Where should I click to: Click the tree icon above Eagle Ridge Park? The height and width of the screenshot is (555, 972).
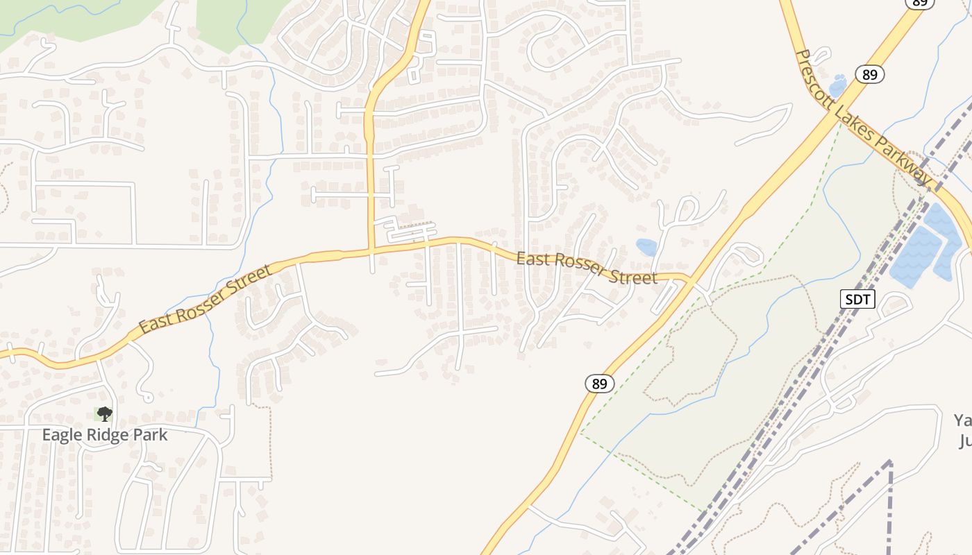(x=104, y=414)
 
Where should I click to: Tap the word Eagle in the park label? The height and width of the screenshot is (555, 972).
(x=61, y=435)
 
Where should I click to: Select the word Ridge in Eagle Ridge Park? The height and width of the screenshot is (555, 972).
(x=106, y=435)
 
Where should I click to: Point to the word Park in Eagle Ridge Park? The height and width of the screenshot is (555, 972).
(x=151, y=435)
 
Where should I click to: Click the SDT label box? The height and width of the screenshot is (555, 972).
(x=858, y=300)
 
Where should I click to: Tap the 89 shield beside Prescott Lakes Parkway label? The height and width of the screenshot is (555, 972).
(x=870, y=74)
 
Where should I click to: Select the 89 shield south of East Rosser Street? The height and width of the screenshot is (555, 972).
(x=600, y=383)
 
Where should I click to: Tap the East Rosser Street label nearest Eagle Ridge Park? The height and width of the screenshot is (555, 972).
(x=204, y=299)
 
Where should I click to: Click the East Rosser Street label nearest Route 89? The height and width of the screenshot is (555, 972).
(x=587, y=268)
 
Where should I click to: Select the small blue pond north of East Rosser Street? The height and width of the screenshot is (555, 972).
(x=646, y=247)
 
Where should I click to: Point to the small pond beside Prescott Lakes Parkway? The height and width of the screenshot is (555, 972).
(x=837, y=85)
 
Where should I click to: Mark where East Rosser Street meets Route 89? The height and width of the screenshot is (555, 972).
(x=689, y=280)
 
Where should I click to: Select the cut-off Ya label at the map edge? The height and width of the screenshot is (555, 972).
(x=962, y=420)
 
